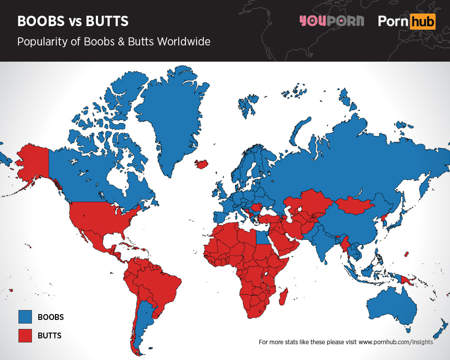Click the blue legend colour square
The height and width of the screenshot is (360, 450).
click(25, 317)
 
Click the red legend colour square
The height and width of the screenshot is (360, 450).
click(25, 336)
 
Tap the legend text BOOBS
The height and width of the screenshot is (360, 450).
click(50, 317)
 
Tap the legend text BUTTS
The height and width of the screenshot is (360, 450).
click(49, 336)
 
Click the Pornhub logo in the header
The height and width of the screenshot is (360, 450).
click(406, 21)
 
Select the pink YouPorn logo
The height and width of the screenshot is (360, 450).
click(332, 21)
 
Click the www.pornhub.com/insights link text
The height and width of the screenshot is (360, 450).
click(396, 342)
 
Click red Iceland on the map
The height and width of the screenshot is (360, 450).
click(202, 164)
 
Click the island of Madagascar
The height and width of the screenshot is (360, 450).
click(283, 297)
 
